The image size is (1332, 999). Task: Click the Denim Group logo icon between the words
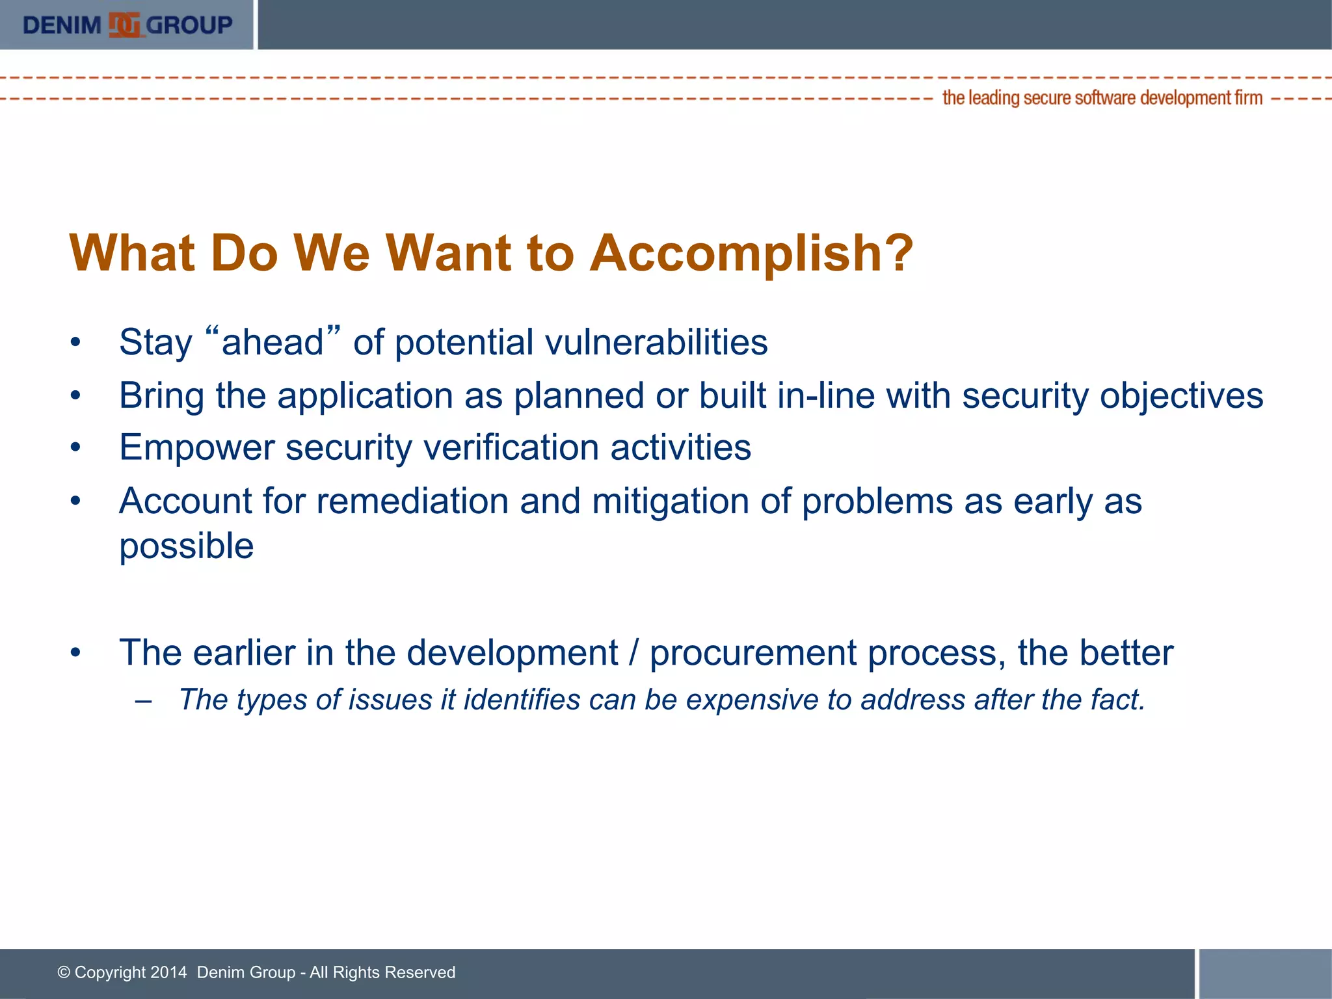coord(124,25)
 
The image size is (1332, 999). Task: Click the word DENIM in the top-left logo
coord(62,25)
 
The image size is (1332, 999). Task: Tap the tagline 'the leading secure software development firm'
coord(1102,98)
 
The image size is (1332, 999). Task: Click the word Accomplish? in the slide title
coord(751,253)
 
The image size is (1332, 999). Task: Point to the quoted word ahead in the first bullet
coord(273,342)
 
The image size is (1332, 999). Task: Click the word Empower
coord(197,448)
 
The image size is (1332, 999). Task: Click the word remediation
coord(412,501)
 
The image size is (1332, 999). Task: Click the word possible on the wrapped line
coord(187,546)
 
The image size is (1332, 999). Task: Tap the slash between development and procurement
coord(634,653)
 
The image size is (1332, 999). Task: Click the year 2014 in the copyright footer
coord(168,972)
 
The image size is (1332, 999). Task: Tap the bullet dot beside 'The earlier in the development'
coord(76,652)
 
